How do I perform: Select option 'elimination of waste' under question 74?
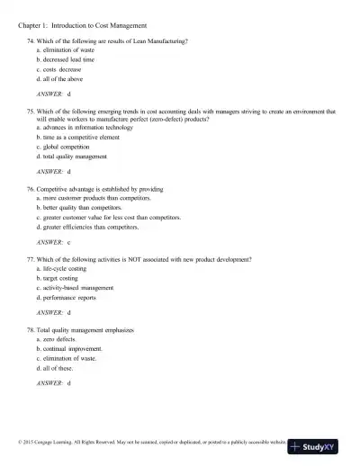tap(72, 52)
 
